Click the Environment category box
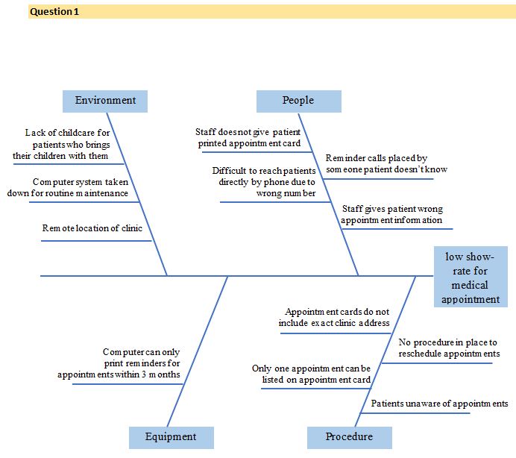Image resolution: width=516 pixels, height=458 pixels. point(105,101)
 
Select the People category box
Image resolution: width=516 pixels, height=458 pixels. point(298,101)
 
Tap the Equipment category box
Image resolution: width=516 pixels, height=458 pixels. point(171,437)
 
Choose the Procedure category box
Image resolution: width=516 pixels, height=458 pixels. point(349,437)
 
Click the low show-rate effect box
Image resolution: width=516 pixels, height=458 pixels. point(471,277)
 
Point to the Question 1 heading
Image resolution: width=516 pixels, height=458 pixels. point(54,12)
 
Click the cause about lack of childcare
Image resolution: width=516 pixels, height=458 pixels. point(66,145)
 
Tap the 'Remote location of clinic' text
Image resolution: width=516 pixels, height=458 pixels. point(92,228)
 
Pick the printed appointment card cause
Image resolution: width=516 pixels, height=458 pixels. point(249,138)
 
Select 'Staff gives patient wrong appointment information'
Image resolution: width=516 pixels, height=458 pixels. point(392,215)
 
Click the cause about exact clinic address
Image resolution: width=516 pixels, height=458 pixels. point(334,318)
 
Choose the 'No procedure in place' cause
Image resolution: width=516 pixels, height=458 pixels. point(449,348)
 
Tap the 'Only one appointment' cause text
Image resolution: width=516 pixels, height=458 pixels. point(311,374)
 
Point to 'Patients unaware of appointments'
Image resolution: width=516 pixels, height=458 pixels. point(439,404)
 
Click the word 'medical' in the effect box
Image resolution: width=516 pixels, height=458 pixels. point(471,285)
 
